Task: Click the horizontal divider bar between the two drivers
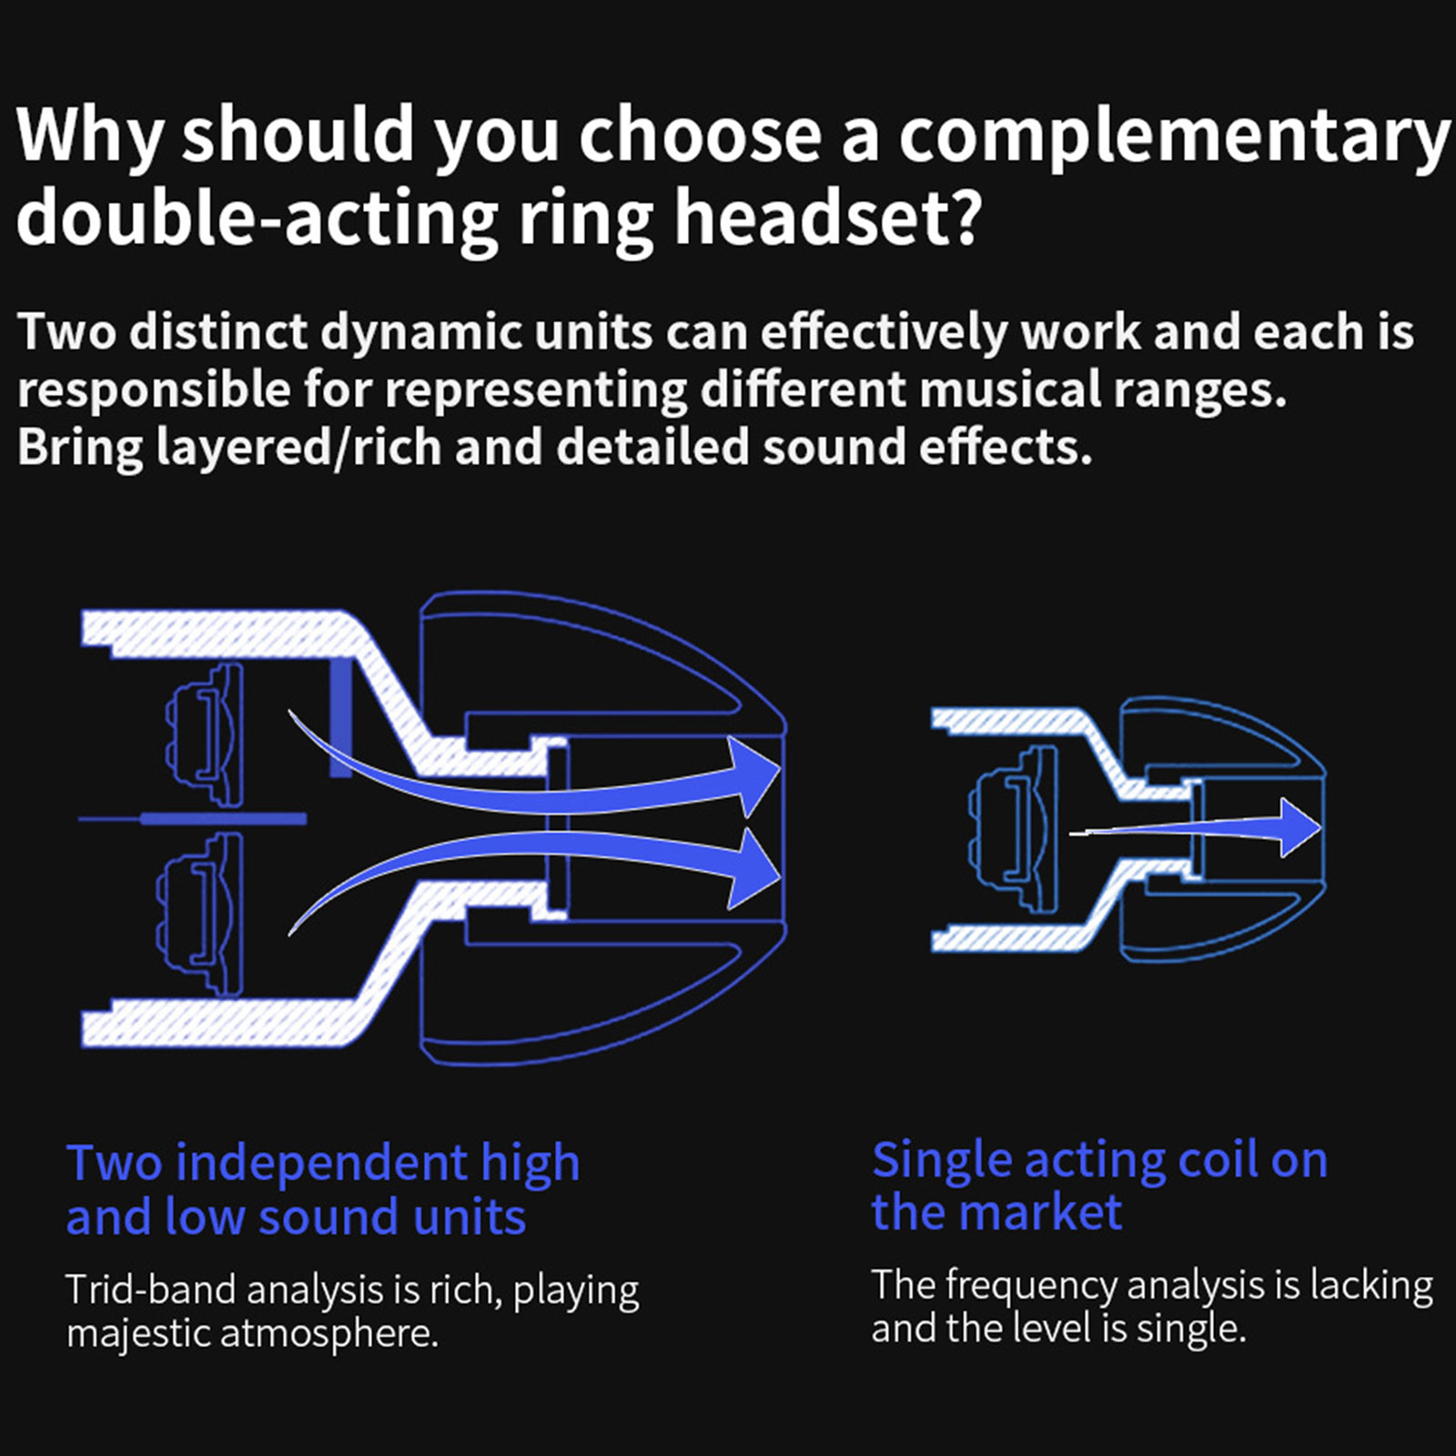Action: [222, 819]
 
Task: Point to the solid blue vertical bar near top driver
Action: [340, 719]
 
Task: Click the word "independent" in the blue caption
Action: [321, 1164]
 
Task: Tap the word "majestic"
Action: [138, 1334]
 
